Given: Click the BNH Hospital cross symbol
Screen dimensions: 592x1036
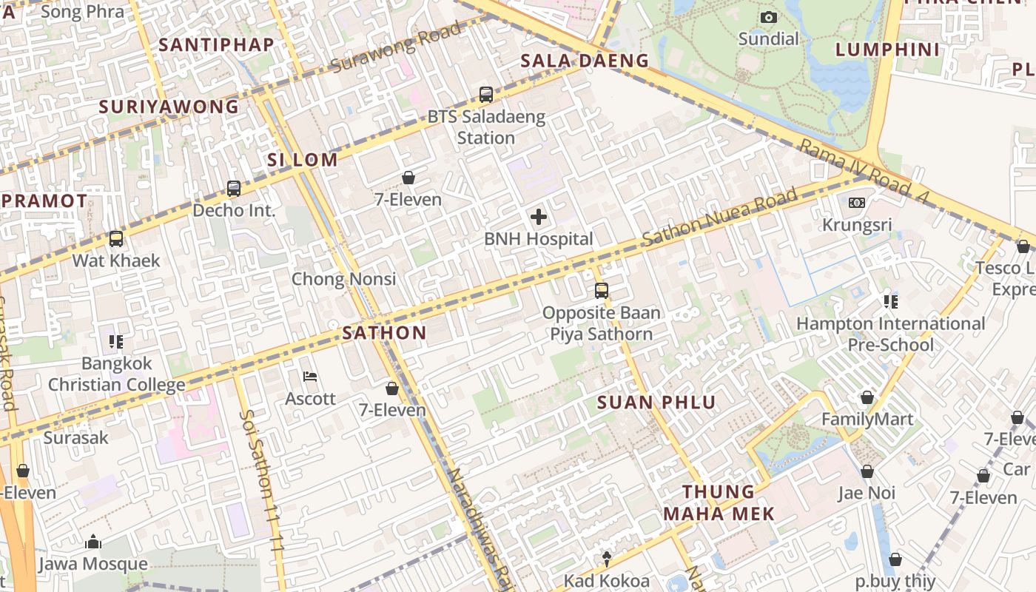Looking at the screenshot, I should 539,217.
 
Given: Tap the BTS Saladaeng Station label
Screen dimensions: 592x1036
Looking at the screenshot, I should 486,127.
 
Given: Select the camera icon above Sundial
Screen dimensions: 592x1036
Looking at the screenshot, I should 769,17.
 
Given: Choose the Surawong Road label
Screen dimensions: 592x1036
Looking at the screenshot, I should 397,47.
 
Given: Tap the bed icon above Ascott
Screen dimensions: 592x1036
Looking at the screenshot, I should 311,377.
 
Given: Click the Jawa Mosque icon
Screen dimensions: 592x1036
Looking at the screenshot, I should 93,542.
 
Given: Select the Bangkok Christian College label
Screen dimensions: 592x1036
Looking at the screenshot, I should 117,374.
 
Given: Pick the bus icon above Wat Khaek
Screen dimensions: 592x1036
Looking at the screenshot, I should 116,239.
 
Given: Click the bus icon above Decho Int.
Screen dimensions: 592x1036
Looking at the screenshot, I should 234,189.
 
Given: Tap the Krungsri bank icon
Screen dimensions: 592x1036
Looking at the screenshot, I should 857,203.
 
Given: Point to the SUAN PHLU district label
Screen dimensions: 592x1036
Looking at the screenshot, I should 656,403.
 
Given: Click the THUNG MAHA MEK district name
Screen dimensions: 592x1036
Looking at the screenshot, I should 719,502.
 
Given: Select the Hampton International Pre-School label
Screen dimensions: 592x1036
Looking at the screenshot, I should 890,334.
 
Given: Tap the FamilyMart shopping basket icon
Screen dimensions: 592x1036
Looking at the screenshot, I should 867,398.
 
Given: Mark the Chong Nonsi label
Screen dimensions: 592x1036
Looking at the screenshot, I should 343,279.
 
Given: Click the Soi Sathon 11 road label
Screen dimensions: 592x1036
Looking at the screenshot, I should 263,481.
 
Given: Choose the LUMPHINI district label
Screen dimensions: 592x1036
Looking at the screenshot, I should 887,50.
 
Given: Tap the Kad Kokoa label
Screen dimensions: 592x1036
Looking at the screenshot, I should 606,581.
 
